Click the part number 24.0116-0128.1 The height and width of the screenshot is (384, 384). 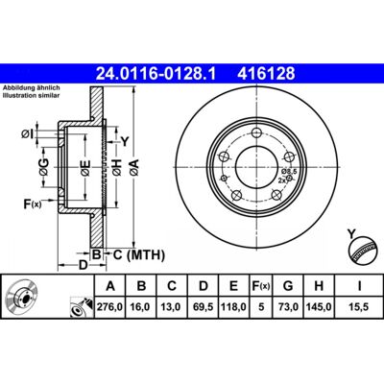[156, 74]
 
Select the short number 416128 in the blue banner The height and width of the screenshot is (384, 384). [266, 74]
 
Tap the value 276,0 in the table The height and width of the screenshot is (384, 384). [110, 307]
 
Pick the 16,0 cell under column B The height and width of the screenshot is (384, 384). [141, 307]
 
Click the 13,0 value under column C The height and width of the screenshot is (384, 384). [172, 307]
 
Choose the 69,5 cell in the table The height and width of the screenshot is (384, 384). [204, 307]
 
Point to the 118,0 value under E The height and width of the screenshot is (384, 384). [233, 307]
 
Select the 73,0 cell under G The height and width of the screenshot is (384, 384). [288, 307]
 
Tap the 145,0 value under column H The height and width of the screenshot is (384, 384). [319, 307]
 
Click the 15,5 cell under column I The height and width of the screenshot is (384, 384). [359, 307]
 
